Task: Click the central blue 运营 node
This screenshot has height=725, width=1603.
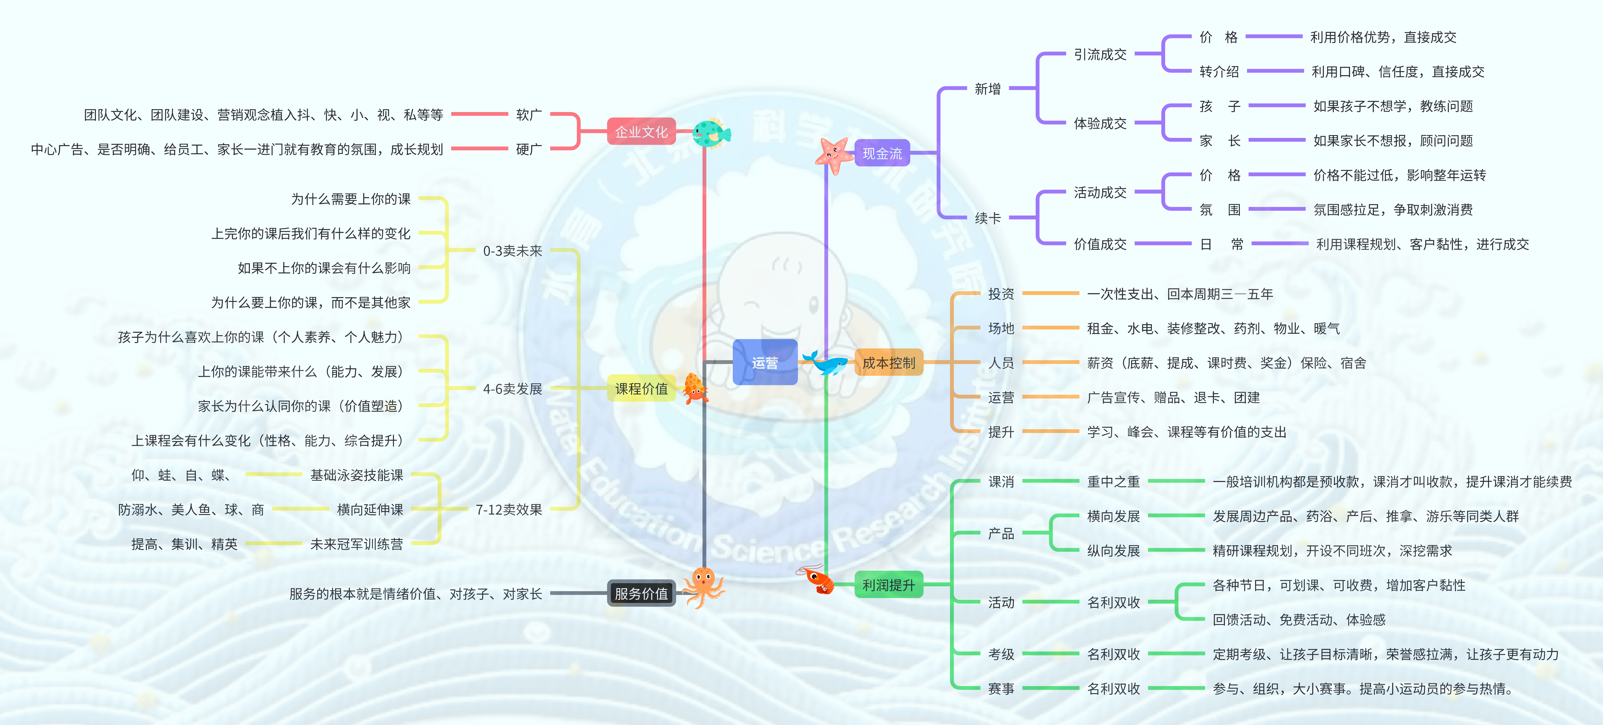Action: pos(765,362)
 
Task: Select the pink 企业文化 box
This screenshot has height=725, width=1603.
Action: pos(641,131)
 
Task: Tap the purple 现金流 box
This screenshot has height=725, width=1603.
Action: pos(882,153)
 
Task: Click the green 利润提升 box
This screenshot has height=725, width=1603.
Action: pos(889,584)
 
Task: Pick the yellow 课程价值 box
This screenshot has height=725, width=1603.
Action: pos(641,389)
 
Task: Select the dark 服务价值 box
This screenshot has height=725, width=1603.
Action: pos(641,593)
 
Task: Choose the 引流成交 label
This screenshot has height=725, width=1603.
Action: pos(1100,54)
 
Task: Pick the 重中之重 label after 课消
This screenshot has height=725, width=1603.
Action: pos(1113,481)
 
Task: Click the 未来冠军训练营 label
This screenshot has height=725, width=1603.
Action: pos(356,544)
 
